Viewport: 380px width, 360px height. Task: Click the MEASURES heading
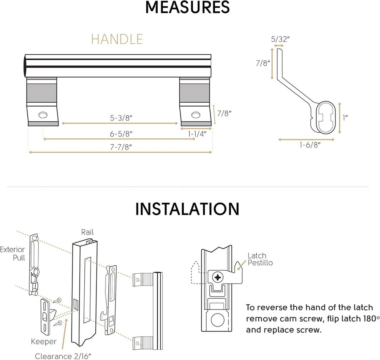point(187,8)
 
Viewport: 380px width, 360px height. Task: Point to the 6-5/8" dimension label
point(120,133)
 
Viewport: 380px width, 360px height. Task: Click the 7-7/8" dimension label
point(120,147)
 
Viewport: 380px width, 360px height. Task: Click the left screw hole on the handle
point(43,114)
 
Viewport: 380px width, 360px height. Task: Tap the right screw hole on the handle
point(196,114)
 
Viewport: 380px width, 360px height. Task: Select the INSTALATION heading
point(187,209)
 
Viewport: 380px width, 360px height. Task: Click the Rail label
point(87,232)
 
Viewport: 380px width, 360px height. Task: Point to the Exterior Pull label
point(13,254)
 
